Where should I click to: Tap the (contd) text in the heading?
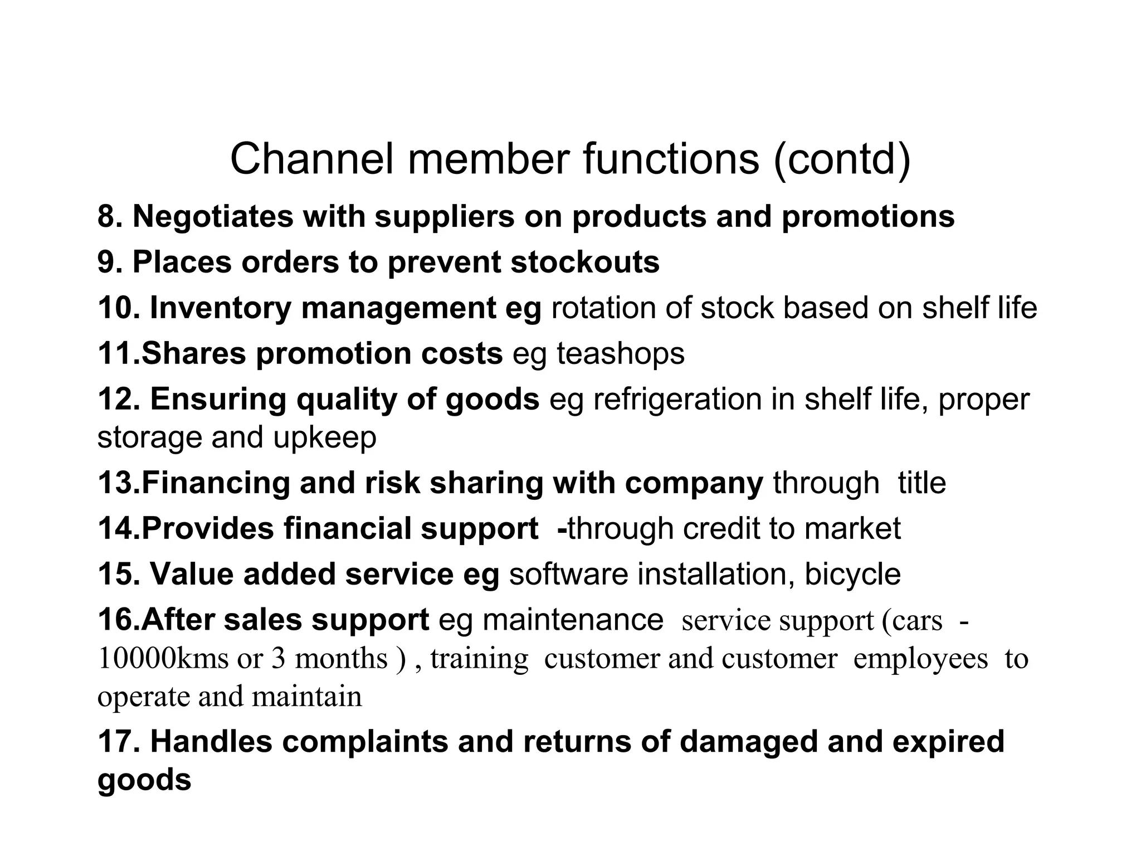(842, 160)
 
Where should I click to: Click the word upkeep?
(325, 439)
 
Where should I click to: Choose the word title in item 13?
(921, 483)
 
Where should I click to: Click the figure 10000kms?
(162, 659)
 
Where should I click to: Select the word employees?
(920, 660)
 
